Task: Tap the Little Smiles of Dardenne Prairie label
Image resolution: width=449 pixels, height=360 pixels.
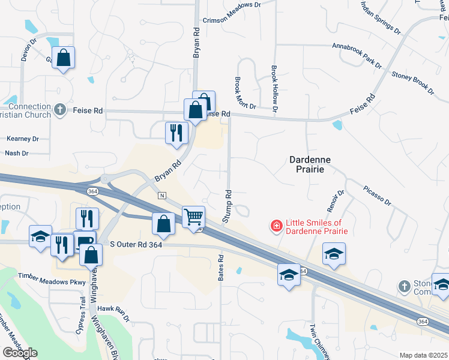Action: [x=316, y=226]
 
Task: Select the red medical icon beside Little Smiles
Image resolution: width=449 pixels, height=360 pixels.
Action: [x=277, y=226]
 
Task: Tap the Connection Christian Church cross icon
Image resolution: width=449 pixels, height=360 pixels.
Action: [x=59, y=109]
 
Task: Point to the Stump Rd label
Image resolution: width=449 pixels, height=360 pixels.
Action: [x=228, y=206]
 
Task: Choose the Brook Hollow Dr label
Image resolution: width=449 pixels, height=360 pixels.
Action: [x=274, y=89]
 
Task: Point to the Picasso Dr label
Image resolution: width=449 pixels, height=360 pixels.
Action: [x=377, y=195]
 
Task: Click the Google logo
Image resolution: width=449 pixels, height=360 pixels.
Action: [x=19, y=352]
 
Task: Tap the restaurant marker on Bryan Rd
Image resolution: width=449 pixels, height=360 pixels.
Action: [x=175, y=132]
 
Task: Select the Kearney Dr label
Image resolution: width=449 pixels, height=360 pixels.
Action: [x=22, y=139]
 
